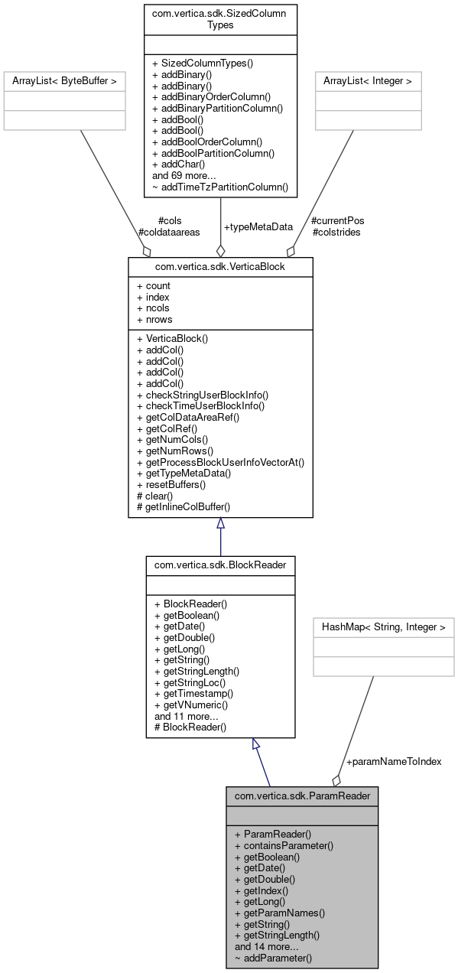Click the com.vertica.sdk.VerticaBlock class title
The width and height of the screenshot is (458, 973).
(x=220, y=265)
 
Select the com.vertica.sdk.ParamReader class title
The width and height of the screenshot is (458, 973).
(x=302, y=796)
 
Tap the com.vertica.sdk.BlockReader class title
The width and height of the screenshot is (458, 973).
(x=220, y=565)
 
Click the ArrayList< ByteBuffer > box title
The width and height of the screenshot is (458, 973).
(x=64, y=80)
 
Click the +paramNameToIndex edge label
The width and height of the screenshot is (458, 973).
(x=394, y=762)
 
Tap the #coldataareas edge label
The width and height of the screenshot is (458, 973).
(x=169, y=232)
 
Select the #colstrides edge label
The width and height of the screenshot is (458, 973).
(x=336, y=232)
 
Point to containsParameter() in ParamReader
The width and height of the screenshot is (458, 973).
(x=284, y=845)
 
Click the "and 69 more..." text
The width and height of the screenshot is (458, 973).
(x=184, y=175)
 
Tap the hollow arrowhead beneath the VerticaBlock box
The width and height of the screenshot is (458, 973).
(x=220, y=523)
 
